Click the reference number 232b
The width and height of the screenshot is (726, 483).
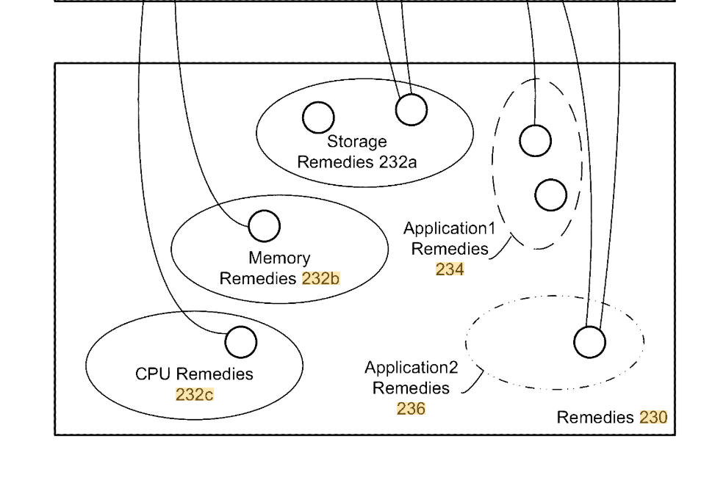[x=321, y=279]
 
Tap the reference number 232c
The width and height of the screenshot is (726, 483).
[x=195, y=394]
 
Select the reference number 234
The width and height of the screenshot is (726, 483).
[x=450, y=269]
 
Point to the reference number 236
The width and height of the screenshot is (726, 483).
[x=411, y=409]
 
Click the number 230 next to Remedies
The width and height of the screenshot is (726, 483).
[x=653, y=418]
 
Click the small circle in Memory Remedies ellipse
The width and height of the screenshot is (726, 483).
[x=264, y=226]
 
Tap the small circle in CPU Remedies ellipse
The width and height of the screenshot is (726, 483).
[x=240, y=342]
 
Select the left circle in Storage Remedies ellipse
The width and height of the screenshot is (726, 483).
[x=318, y=117]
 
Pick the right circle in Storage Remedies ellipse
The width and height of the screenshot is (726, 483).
[x=411, y=110]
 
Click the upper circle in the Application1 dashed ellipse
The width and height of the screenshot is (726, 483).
[x=535, y=140]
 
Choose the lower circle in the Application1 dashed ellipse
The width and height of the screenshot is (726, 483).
[x=550, y=195]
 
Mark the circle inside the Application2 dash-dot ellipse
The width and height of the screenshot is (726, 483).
[x=589, y=342]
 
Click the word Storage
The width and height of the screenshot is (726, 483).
[x=357, y=142]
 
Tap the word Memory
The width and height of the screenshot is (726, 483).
[x=279, y=258]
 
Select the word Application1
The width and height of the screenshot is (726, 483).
[x=449, y=228]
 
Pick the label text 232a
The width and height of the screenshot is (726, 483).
[x=398, y=162]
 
